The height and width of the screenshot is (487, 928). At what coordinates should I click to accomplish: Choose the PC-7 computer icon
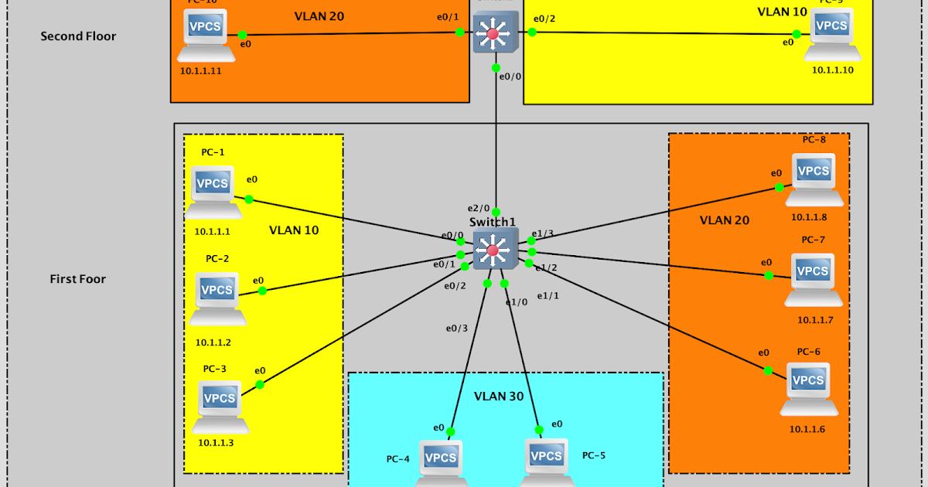pos(813,278)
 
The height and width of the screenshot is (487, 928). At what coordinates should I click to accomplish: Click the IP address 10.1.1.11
pos(201,70)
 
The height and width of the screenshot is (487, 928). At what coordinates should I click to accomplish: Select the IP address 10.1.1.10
pos(833,70)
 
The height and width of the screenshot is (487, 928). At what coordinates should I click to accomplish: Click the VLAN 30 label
pos(499,397)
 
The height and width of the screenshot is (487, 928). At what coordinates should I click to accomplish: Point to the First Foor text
pos(78,279)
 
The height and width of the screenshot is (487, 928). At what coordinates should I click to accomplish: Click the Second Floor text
pos(78,36)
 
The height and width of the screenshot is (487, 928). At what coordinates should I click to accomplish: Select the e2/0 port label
pos(478,208)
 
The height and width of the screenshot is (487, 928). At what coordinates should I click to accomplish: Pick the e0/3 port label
pos(456,328)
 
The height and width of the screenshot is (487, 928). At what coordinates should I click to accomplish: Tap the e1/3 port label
pos(544,233)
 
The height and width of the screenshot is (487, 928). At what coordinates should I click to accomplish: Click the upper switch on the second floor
pos(495,32)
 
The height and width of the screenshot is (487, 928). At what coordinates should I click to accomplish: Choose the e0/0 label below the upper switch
pos(510,77)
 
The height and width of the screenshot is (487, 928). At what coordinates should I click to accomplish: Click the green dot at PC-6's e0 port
pos(768,370)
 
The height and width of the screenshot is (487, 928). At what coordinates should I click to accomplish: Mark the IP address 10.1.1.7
pos(815,319)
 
